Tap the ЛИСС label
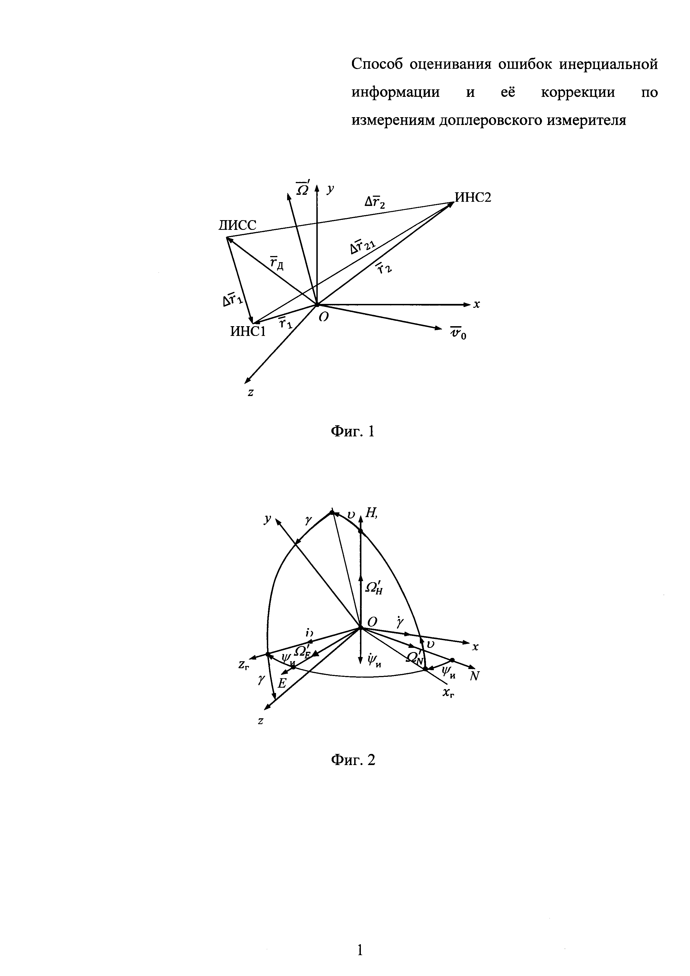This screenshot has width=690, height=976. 238,226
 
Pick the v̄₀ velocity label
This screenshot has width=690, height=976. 458,334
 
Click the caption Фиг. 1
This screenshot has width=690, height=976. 353,432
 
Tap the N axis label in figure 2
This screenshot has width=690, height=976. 475,676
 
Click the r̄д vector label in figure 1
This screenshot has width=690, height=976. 277,264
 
